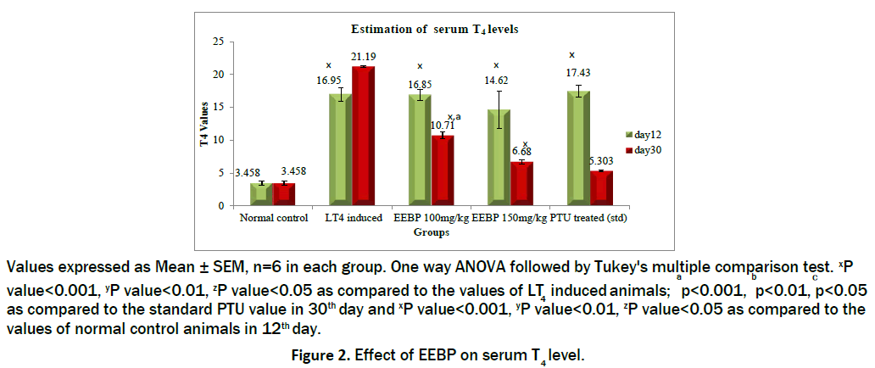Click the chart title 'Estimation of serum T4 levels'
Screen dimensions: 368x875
[x=435, y=29]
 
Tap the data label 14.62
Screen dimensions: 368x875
[x=496, y=84]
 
